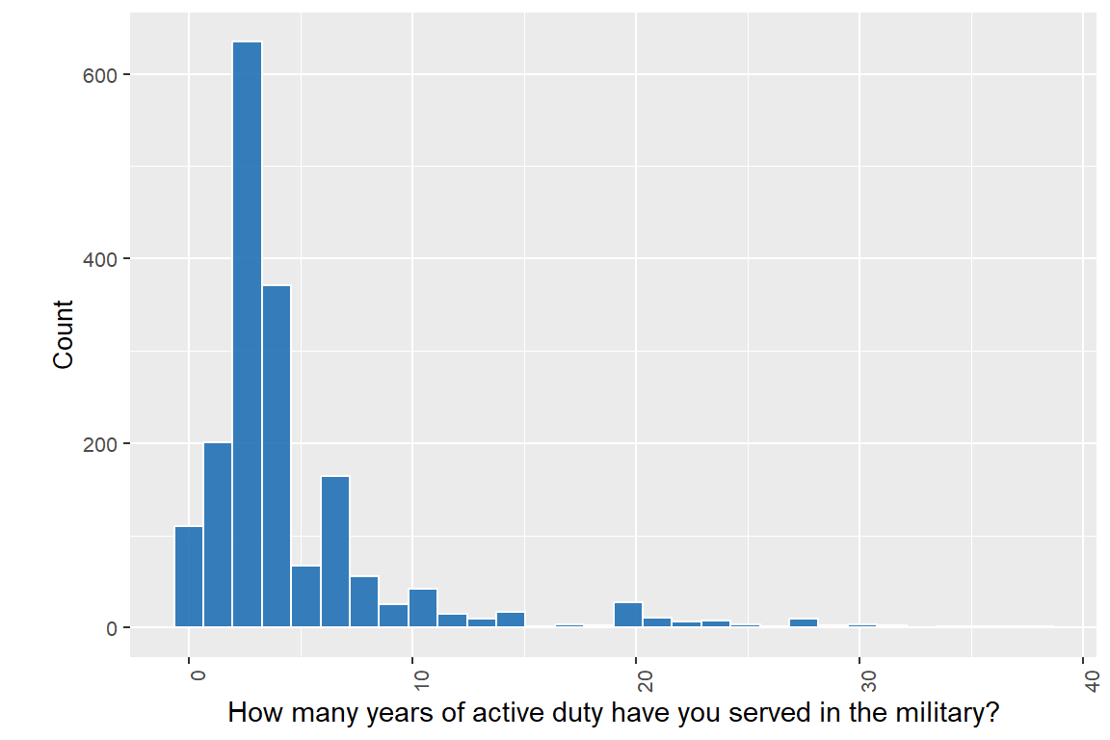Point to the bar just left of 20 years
628,616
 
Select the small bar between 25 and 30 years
804,622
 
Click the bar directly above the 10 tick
423,608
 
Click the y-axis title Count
64,334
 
